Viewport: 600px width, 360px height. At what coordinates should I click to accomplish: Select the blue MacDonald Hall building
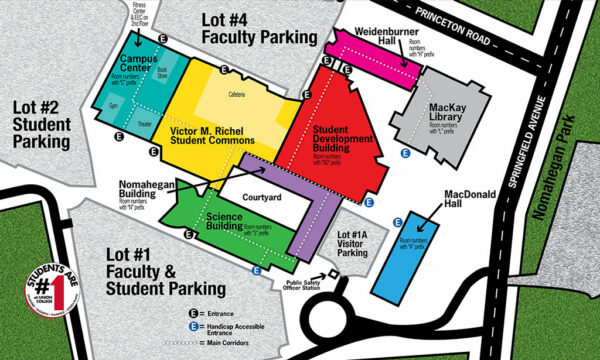pyautogui.click(x=407, y=249)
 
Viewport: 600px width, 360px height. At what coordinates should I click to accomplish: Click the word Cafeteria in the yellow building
pyautogui.click(x=236, y=94)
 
